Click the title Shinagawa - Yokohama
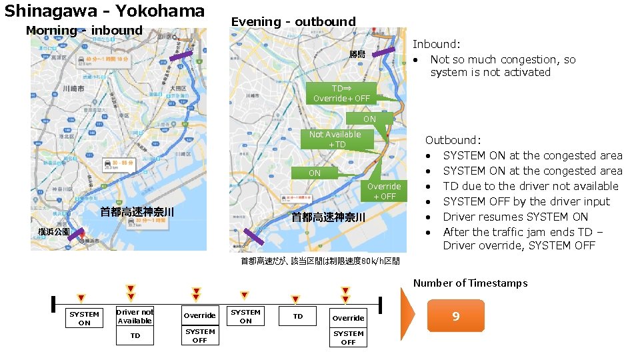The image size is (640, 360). pyautogui.click(x=105, y=11)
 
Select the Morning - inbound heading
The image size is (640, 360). pyautogui.click(x=84, y=30)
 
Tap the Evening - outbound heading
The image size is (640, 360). pyautogui.click(x=293, y=22)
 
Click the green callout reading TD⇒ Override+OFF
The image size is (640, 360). pyautogui.click(x=342, y=93)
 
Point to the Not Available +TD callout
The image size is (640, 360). pyautogui.click(x=335, y=139)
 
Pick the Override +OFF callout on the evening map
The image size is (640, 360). pyautogui.click(x=384, y=191)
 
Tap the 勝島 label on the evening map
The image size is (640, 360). pyautogui.click(x=357, y=54)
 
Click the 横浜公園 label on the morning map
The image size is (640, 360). pyautogui.click(x=53, y=231)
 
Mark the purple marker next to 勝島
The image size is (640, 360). pyautogui.click(x=383, y=51)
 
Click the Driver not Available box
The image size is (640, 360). pyautogui.click(x=135, y=316)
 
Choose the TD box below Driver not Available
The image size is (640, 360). pyautogui.click(x=135, y=336)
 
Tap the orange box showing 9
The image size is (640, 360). pyautogui.click(x=455, y=316)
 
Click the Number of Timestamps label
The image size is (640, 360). pyautogui.click(x=470, y=283)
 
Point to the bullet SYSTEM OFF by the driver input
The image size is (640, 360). pyautogui.click(x=526, y=201)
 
